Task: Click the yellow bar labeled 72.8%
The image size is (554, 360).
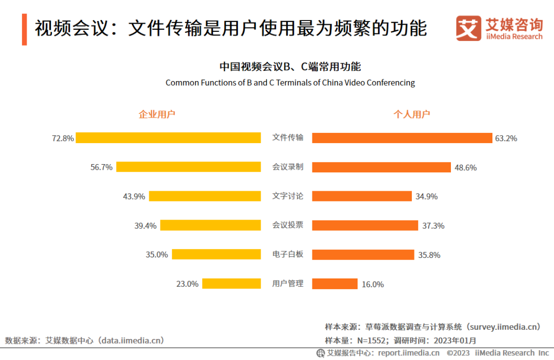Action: (168, 138)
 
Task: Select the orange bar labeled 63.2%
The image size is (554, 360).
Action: (402, 138)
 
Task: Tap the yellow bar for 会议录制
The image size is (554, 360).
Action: (188, 167)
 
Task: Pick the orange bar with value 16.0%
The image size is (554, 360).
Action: (334, 284)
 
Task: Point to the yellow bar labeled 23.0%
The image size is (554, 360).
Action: (231, 284)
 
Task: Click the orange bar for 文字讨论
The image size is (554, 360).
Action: (362, 196)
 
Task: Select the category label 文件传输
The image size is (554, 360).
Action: (287, 137)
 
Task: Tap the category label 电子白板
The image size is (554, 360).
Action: (287, 254)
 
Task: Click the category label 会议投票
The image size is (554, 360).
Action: (287, 225)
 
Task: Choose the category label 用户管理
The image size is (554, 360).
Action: (287, 284)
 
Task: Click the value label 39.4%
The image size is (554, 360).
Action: (145, 226)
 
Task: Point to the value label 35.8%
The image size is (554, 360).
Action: (429, 255)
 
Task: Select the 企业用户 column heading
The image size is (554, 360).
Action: (157, 114)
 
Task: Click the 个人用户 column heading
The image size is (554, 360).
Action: (411, 114)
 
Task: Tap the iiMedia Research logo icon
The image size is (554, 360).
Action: (468, 28)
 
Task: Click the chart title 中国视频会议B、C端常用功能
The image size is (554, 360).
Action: (290, 67)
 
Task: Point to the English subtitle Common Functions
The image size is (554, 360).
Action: (290, 83)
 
